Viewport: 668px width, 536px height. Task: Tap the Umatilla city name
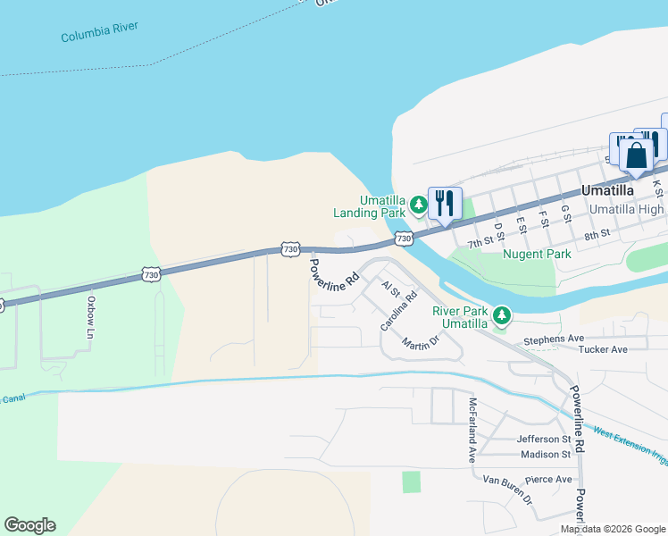(606, 191)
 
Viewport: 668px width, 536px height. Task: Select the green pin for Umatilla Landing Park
(418, 206)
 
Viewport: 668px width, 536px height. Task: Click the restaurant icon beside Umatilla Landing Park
(444, 205)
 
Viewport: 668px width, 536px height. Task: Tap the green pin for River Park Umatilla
(502, 315)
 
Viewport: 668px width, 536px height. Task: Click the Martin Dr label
(421, 342)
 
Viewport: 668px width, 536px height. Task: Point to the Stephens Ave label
(554, 339)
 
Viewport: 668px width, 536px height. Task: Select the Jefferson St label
(543, 440)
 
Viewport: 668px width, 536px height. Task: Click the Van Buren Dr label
(507, 494)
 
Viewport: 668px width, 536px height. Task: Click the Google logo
(29, 525)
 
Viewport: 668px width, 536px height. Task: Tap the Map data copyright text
(612, 529)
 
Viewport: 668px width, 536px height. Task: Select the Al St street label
(390, 289)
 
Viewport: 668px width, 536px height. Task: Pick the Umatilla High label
(627, 209)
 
